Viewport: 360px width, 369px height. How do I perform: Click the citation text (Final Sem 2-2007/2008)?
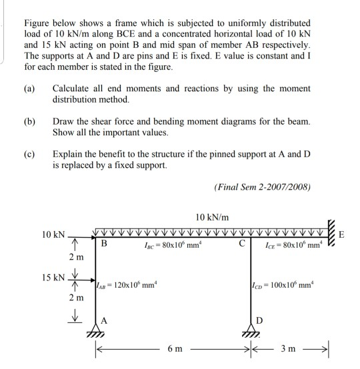click(263, 188)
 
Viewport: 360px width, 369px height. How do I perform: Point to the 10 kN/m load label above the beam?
click(213, 218)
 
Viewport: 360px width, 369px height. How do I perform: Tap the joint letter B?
click(104, 244)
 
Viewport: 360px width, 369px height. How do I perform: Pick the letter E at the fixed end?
click(342, 235)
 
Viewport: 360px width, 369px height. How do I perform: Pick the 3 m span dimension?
click(288, 348)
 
